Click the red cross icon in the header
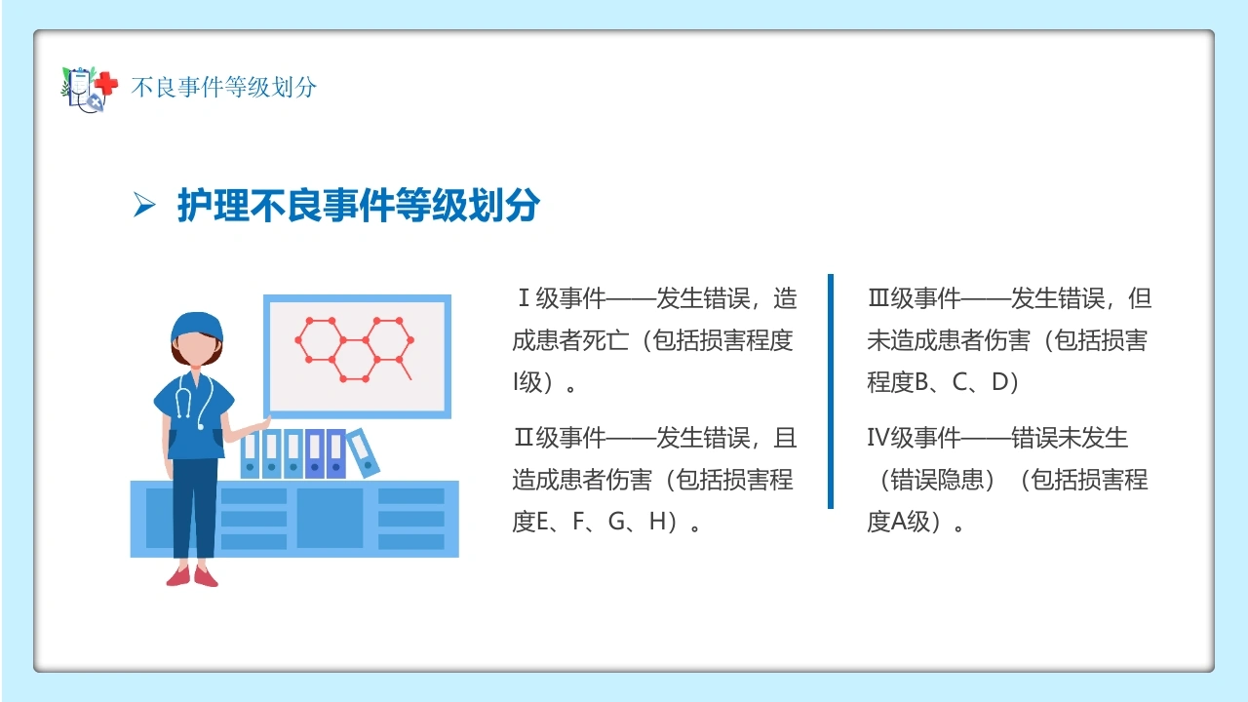click(x=106, y=85)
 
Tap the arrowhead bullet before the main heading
click(x=144, y=205)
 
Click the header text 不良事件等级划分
click(x=224, y=88)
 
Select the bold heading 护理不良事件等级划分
click(x=358, y=205)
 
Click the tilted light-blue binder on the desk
click(x=364, y=452)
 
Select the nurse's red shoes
click(x=192, y=576)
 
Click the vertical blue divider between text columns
click(x=831, y=391)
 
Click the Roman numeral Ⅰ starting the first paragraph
click(x=524, y=298)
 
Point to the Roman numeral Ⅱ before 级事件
click(x=524, y=438)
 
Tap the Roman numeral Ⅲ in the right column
click(x=878, y=298)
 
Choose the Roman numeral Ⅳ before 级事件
click(x=878, y=438)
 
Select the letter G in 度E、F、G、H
click(x=617, y=522)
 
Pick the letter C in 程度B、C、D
click(x=960, y=382)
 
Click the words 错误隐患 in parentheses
click(x=937, y=479)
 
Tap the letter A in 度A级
click(x=899, y=522)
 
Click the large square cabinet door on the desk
click(x=330, y=518)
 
